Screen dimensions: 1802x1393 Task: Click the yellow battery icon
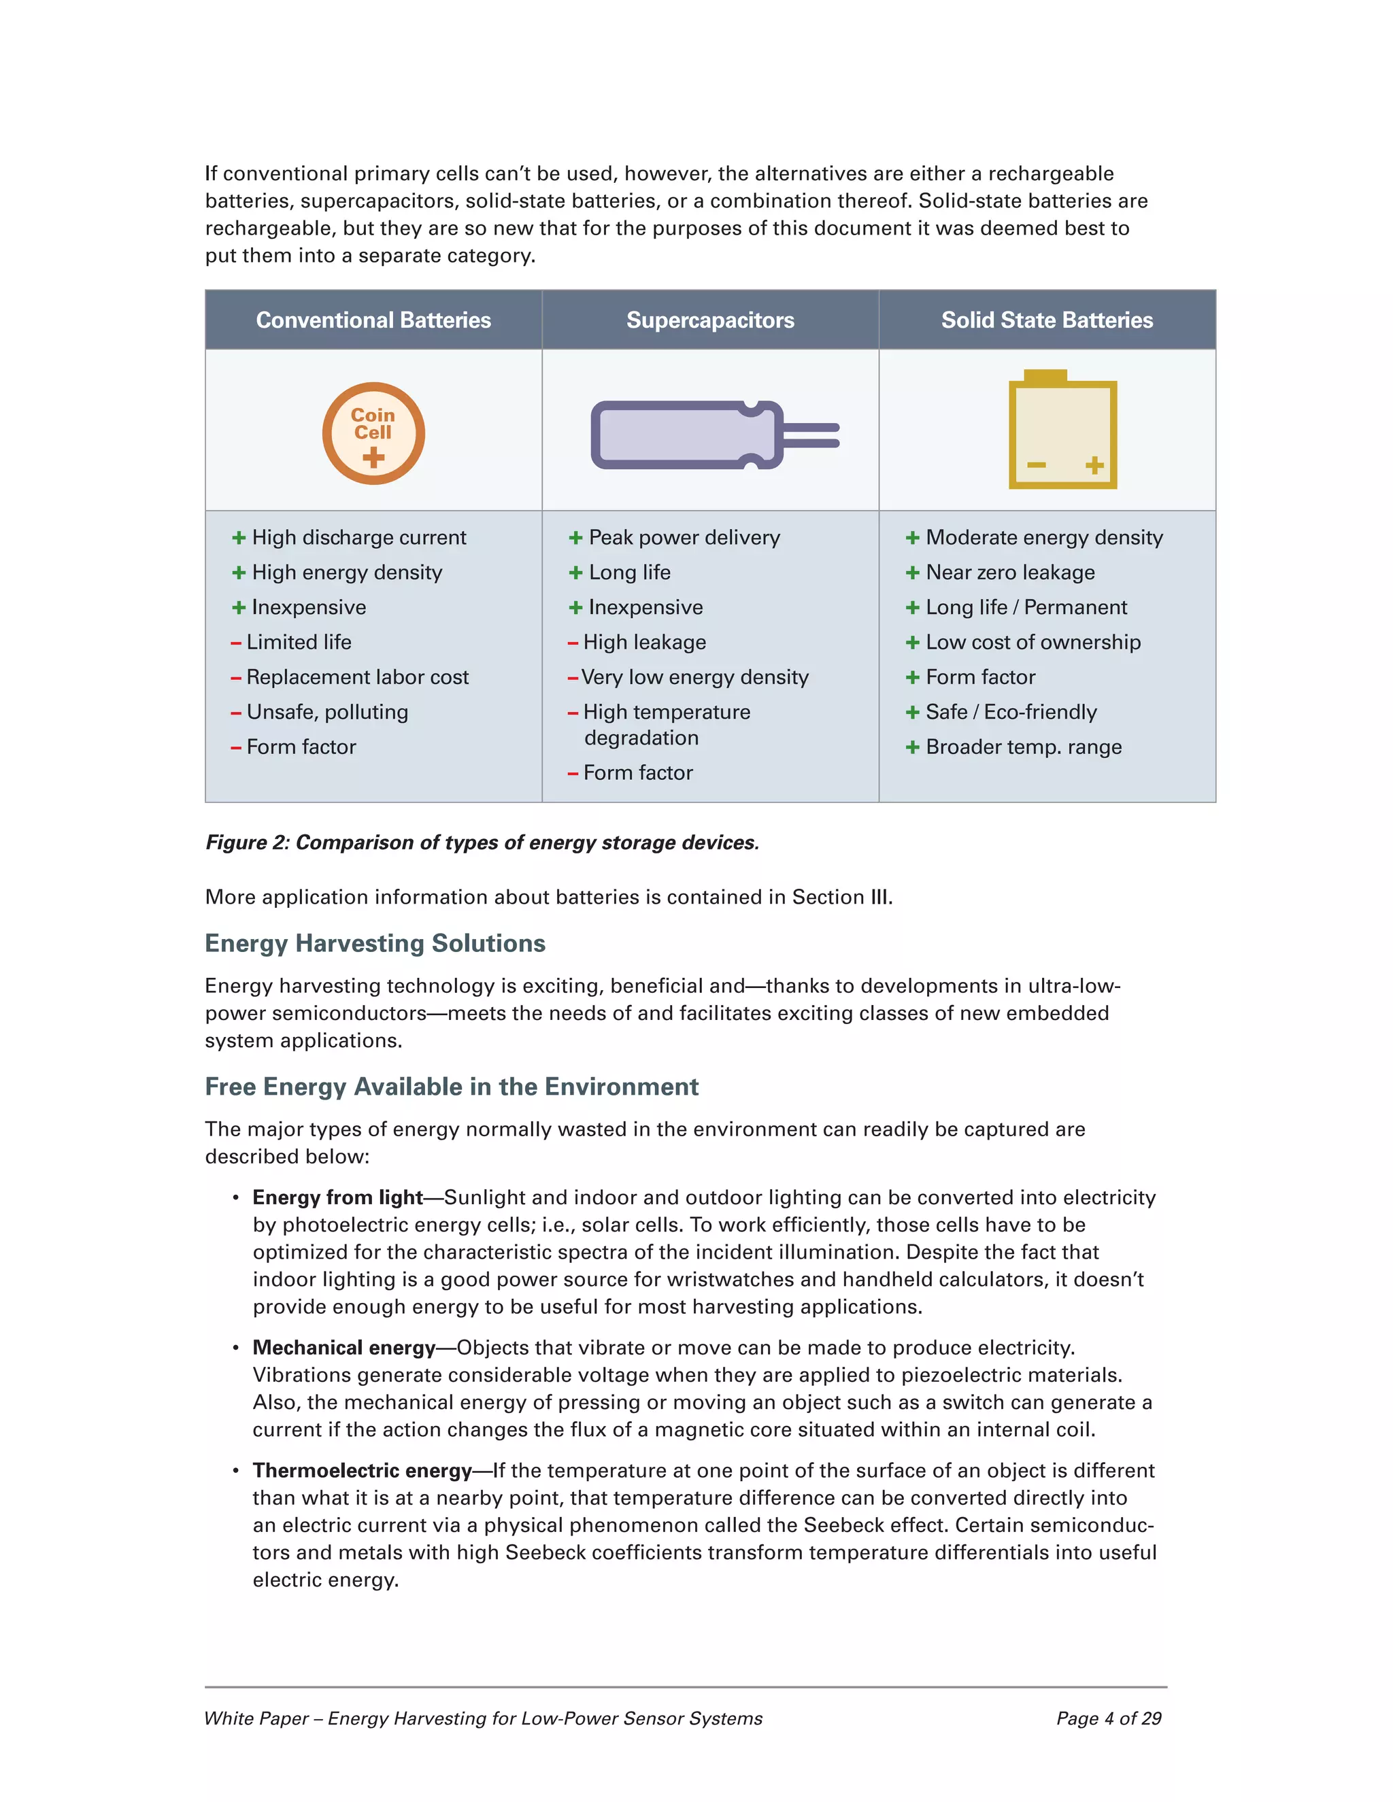[1063, 430]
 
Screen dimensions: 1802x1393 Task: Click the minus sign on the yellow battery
[1036, 465]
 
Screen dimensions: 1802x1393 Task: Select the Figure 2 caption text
[482, 843]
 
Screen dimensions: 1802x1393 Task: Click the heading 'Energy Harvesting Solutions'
[375, 943]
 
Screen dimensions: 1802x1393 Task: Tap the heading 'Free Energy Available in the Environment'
[452, 1087]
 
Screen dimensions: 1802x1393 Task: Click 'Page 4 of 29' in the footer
[1107, 1718]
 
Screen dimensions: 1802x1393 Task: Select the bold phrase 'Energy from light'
[337, 1197]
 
